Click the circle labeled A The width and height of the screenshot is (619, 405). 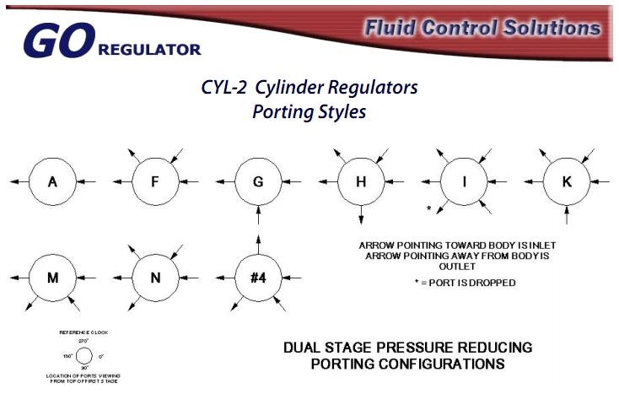click(x=51, y=181)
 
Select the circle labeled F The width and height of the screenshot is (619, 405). click(x=154, y=181)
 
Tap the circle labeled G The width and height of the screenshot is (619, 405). click(x=257, y=181)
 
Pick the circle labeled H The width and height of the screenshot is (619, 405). click(x=360, y=181)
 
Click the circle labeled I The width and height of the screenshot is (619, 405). click(x=463, y=181)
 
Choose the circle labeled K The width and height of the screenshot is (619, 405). click(x=566, y=181)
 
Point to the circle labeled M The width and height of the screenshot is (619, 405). click(x=51, y=277)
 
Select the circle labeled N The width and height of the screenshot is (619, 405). click(x=154, y=277)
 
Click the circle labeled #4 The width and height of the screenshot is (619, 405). click(x=257, y=277)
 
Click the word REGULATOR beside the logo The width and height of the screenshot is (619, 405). click(x=149, y=50)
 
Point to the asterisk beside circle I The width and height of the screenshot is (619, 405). click(x=429, y=208)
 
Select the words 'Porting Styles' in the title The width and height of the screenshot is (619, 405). click(x=309, y=111)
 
